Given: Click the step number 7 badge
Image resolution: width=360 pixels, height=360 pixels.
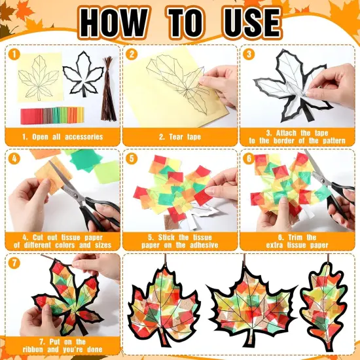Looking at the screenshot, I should pyautogui.click(x=14, y=262).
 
